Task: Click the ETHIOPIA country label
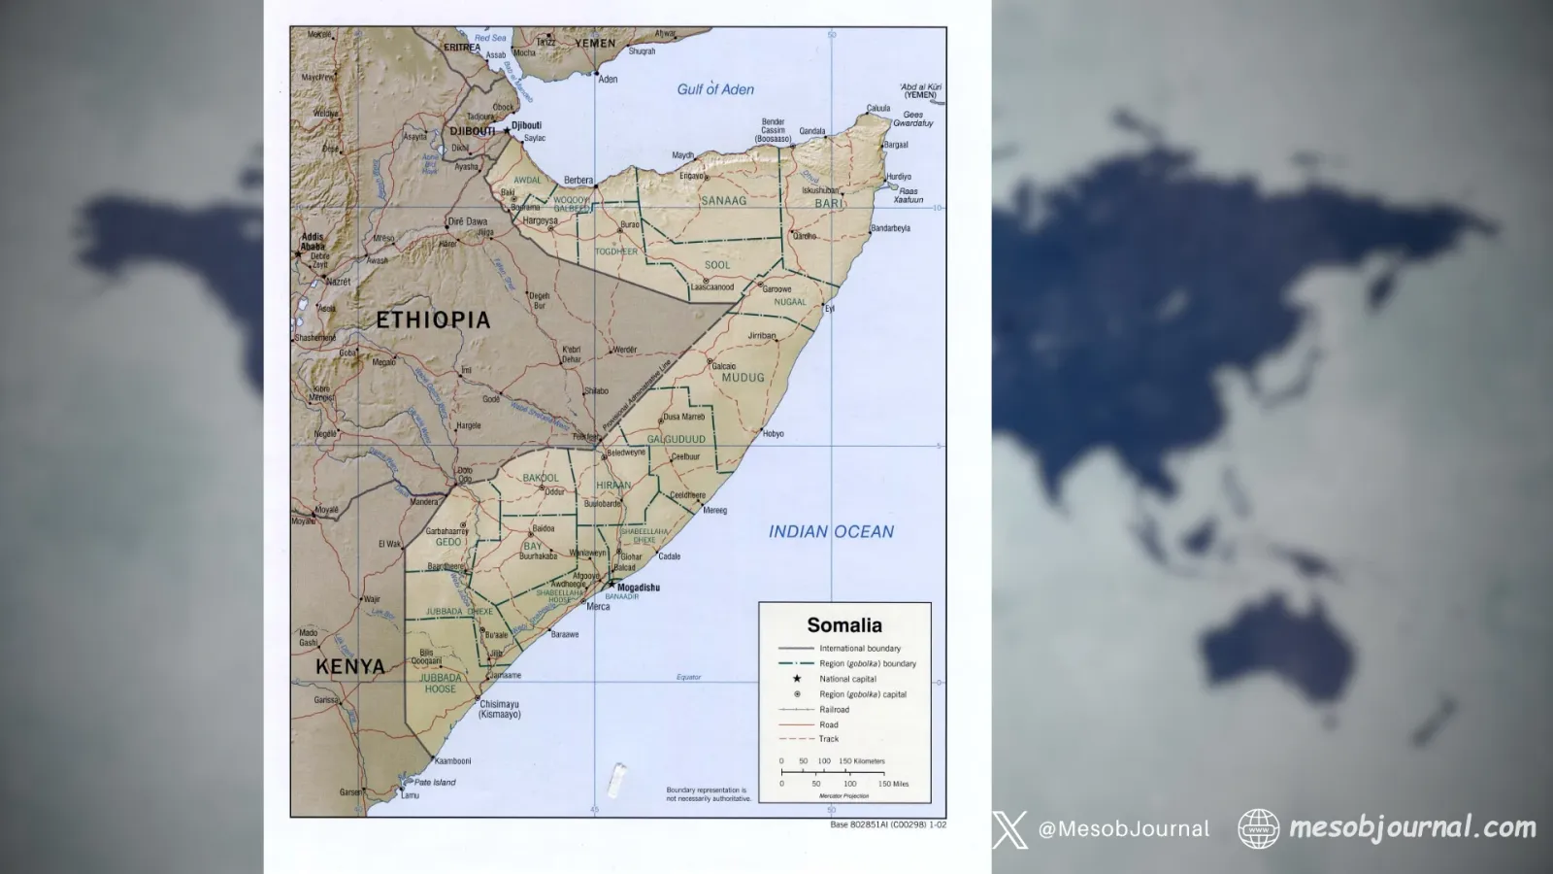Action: coord(433,319)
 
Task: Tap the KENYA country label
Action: coord(350,667)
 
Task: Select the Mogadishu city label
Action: coord(638,588)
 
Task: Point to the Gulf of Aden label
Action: coord(715,89)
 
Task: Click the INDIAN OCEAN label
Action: coord(831,531)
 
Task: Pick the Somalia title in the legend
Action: coord(844,625)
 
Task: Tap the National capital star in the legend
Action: coord(797,679)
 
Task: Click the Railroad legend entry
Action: coord(834,710)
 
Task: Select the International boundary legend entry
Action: coord(859,648)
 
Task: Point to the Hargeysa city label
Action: coord(540,220)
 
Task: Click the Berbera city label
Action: coord(578,181)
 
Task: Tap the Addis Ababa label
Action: coord(313,242)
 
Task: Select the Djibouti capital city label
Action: coord(526,125)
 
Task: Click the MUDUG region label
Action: coord(743,378)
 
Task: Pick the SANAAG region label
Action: coord(724,201)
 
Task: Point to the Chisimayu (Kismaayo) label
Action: coord(499,709)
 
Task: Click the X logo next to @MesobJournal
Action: coord(1009,829)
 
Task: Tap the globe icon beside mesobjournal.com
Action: coord(1258,828)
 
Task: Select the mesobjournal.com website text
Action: coord(1412,828)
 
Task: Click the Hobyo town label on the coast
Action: coord(773,434)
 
